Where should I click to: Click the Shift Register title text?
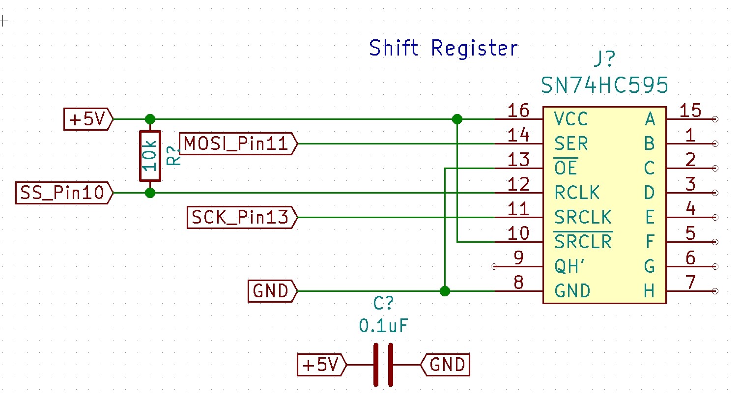point(443,48)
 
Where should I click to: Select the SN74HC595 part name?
point(604,86)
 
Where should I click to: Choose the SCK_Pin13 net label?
point(242,217)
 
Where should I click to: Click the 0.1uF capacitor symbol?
point(383,365)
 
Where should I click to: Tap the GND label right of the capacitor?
point(445,365)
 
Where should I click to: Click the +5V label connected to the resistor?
point(88,119)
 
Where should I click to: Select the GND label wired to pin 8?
point(272,291)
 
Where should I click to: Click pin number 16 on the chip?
point(518,111)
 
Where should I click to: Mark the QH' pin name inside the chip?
point(570,266)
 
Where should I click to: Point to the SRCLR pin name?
point(583,242)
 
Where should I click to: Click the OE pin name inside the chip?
point(566,168)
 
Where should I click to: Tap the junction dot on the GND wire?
point(445,291)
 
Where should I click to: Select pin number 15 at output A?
point(690,111)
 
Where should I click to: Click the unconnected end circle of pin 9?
point(494,266)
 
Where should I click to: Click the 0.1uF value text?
point(383,326)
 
